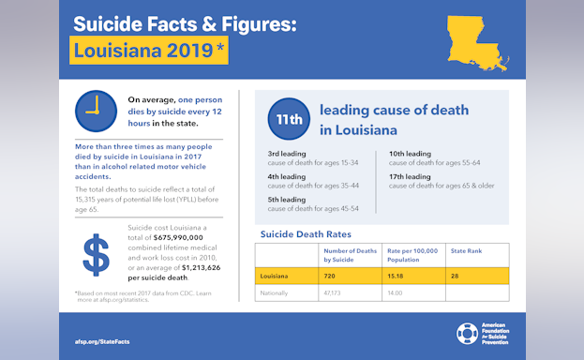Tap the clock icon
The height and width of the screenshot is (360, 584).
coord(96,112)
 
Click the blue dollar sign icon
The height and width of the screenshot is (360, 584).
coord(97,254)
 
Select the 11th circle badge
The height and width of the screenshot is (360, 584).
coord(288,119)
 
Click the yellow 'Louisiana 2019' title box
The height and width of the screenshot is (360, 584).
coord(149,50)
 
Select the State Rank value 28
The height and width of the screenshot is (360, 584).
coord(457,277)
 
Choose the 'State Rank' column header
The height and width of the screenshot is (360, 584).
coord(466,250)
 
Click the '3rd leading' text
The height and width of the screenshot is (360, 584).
coord(287,154)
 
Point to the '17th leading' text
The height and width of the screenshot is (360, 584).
coord(410,176)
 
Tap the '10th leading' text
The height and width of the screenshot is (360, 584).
coord(410,154)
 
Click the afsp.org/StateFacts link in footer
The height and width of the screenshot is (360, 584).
coord(102,341)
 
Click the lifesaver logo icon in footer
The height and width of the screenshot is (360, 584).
coord(467,334)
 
